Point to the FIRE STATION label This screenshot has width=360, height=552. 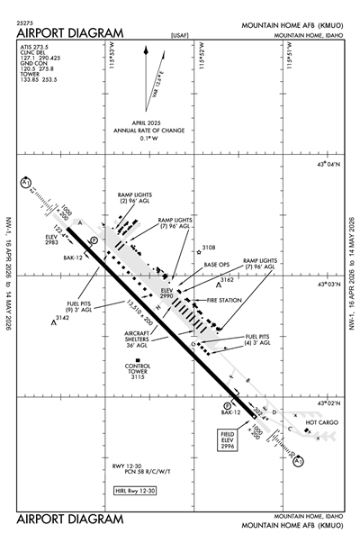222,299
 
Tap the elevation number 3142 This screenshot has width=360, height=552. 62,318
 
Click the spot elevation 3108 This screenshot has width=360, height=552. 209,247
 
